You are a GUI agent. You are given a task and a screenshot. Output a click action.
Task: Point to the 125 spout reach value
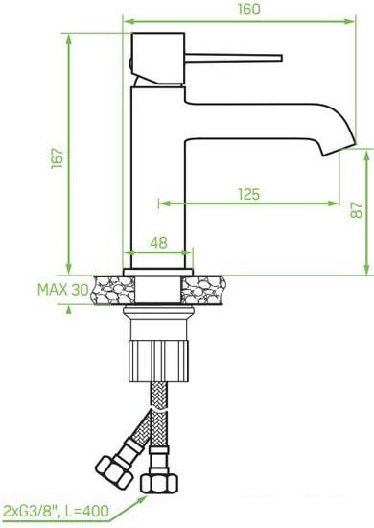pyautogui.click(x=247, y=194)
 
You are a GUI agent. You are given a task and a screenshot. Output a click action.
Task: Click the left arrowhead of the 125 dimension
pyautogui.click(x=162, y=204)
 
